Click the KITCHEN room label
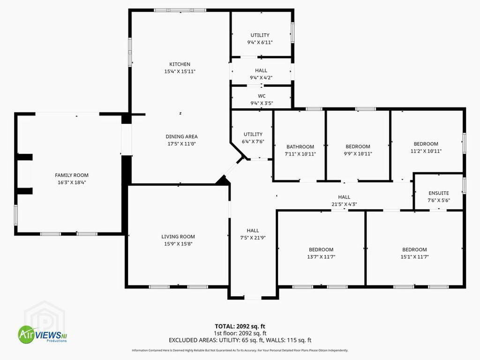[x=180, y=64]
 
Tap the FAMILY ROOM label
[x=72, y=175]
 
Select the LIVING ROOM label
[x=178, y=237]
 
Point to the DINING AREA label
[x=181, y=136]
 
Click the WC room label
[x=262, y=96]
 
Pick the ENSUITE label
[x=439, y=193]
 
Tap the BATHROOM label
[x=300, y=147]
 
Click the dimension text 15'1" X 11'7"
[x=414, y=257]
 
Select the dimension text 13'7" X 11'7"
[x=321, y=257]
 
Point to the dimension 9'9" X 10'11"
[x=358, y=154]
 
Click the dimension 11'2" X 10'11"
[x=426, y=151]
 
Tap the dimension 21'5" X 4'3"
[x=344, y=204]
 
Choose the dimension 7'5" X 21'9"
[x=253, y=238]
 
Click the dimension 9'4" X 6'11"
[x=260, y=43]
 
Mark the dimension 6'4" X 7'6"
[x=253, y=142]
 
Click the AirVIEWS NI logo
[x=42, y=334]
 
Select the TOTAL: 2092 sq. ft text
[x=240, y=326]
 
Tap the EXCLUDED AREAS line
[x=240, y=340]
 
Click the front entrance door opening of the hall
[x=253, y=297]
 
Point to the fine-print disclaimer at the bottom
[x=240, y=350]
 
